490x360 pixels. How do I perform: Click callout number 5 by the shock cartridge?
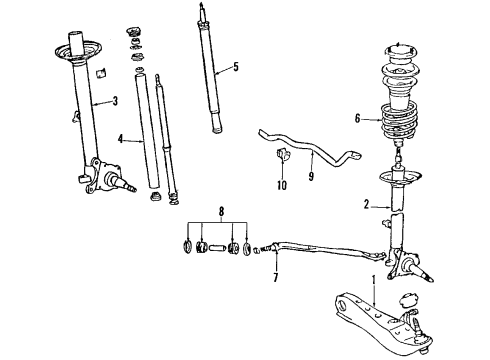(235, 68)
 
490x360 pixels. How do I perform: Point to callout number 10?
(281, 185)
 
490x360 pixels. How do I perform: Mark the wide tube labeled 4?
(146, 135)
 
